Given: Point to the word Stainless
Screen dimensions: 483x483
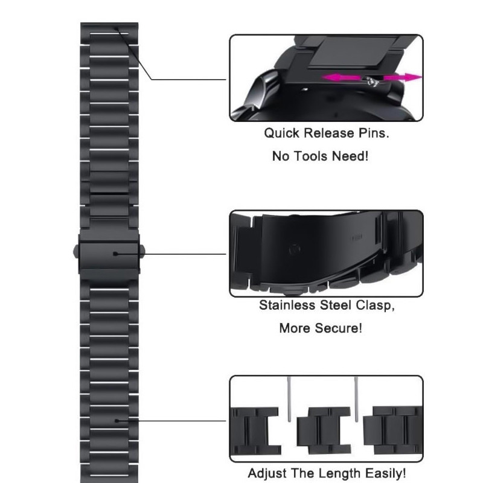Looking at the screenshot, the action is [x=287, y=305].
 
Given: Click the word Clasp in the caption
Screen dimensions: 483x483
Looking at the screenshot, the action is [x=375, y=305].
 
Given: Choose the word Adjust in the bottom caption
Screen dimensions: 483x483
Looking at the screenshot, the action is [x=267, y=473].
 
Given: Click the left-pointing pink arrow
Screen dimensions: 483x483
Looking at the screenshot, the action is [x=341, y=77].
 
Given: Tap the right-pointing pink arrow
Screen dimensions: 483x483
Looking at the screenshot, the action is [x=402, y=77].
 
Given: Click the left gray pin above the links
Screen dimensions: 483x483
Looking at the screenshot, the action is [x=289, y=399].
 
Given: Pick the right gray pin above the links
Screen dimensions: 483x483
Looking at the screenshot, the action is [x=356, y=399].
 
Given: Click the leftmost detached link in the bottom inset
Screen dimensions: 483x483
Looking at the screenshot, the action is [x=255, y=431].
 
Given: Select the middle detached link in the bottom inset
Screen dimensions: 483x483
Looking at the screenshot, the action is [x=324, y=430].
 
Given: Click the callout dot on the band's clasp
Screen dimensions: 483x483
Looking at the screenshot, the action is [x=115, y=254].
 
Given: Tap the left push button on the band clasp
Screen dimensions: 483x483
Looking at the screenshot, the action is [x=76, y=252].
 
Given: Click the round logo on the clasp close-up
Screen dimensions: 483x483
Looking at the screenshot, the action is [x=295, y=249].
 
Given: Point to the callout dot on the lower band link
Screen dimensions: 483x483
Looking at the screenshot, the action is [x=117, y=421].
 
